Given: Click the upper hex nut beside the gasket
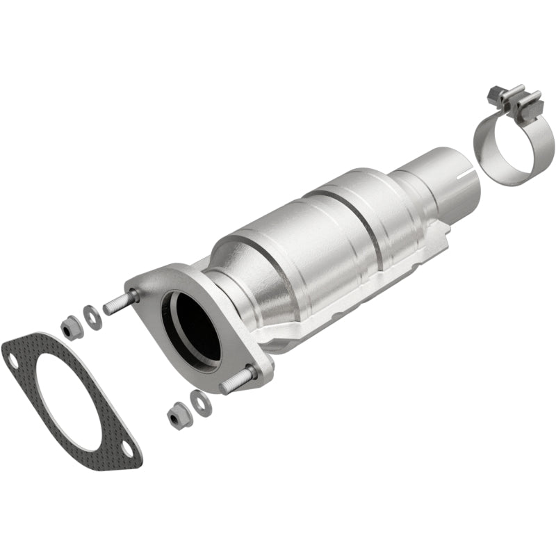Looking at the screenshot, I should pos(71,326).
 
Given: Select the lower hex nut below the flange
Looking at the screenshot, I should pos(177,416).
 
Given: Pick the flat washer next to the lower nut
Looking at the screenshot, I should pos(199,400).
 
